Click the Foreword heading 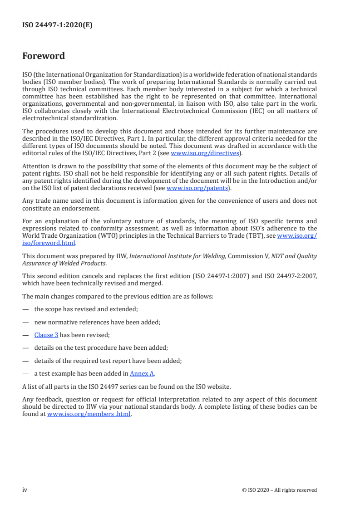44,56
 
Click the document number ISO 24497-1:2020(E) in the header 57,25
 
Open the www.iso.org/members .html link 89,414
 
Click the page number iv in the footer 25,490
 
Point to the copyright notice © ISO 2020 280,490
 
